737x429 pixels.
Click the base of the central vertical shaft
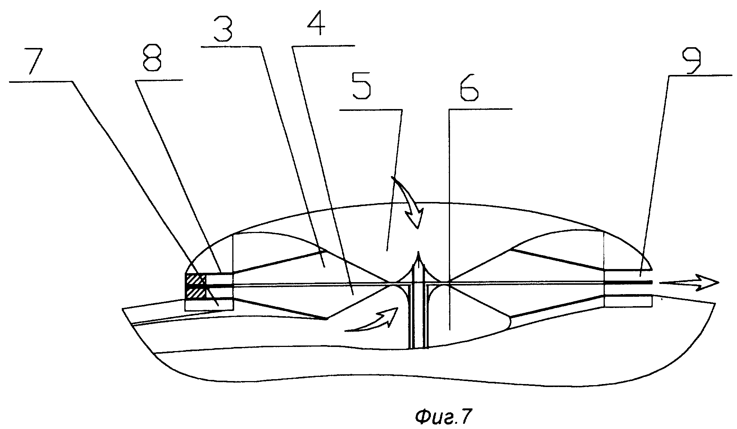(418, 347)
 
